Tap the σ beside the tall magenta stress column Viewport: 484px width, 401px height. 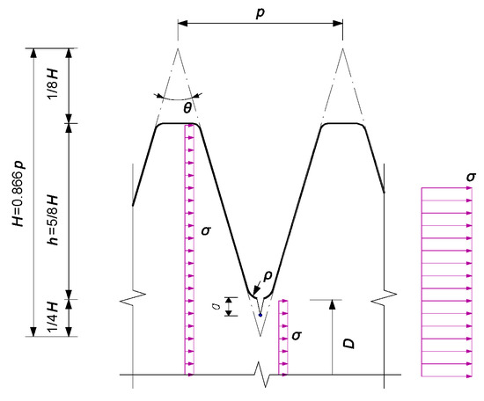(206, 231)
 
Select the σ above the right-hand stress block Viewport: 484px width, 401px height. (473, 178)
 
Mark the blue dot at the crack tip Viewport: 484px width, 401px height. (260, 314)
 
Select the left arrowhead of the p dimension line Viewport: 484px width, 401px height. (182, 24)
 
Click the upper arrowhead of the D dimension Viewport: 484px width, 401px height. (333, 304)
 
